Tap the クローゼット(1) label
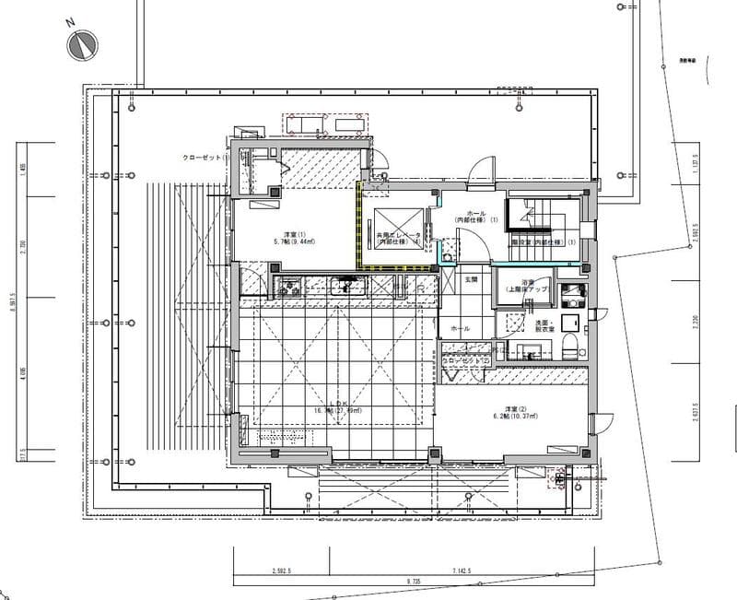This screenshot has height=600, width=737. point(205,158)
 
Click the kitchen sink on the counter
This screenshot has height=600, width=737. point(343,288)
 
